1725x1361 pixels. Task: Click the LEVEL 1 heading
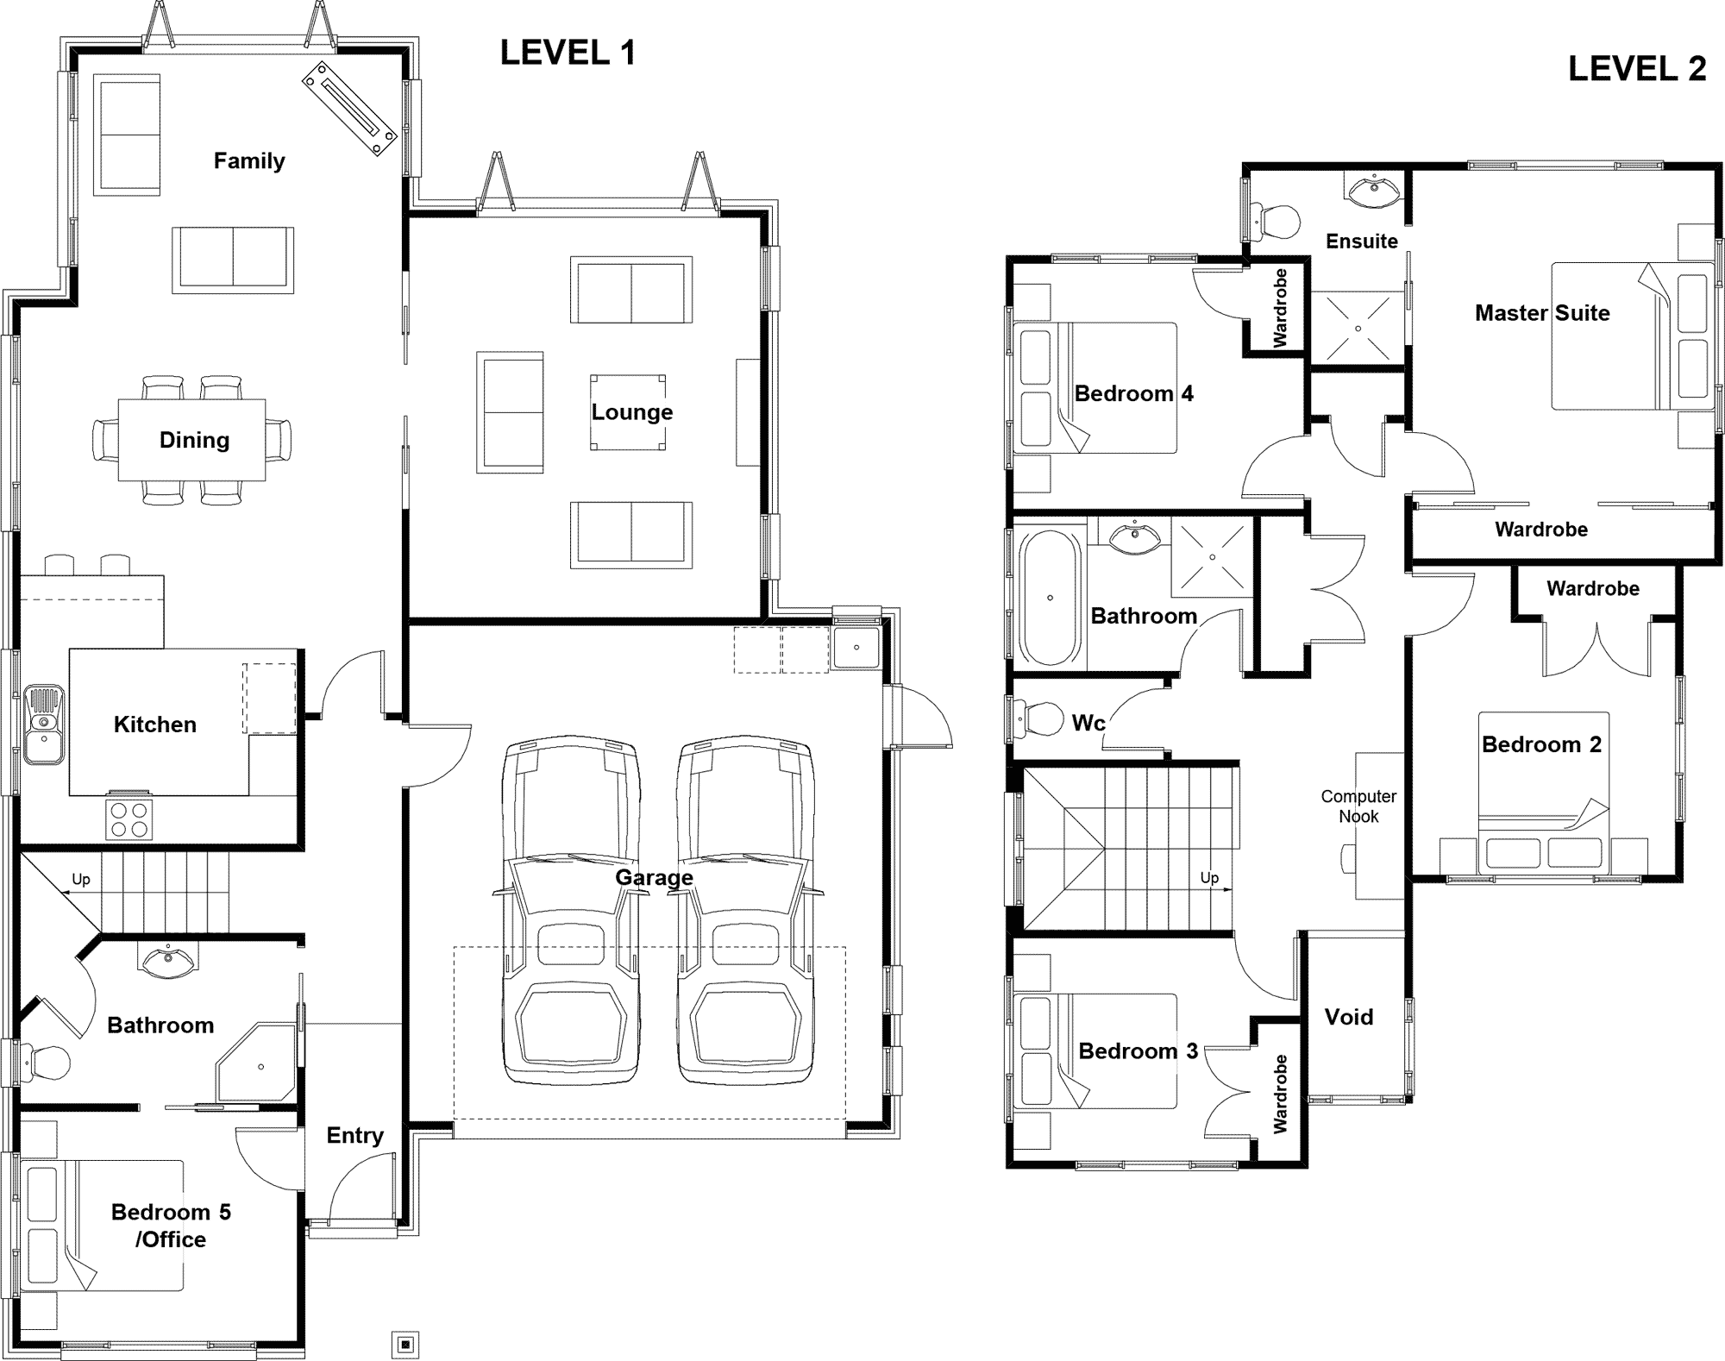[x=568, y=53]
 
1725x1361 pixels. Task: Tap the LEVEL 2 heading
[x=1636, y=69]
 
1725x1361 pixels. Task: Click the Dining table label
[x=194, y=440]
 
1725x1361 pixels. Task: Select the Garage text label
[x=654, y=877]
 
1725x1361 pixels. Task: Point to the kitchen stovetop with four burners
[x=129, y=819]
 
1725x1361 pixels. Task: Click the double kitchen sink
[x=43, y=724]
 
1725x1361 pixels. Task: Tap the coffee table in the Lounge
[x=628, y=412]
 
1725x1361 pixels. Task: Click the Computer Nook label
[x=1358, y=806]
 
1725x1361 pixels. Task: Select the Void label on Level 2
[x=1348, y=1017]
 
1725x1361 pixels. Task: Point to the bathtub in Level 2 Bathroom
[x=1050, y=597]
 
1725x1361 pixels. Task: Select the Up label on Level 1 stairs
[x=80, y=879]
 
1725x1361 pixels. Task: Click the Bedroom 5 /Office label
[x=171, y=1226]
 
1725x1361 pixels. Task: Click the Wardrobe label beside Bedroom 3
[x=1280, y=1094]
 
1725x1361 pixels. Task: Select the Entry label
[x=354, y=1135]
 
